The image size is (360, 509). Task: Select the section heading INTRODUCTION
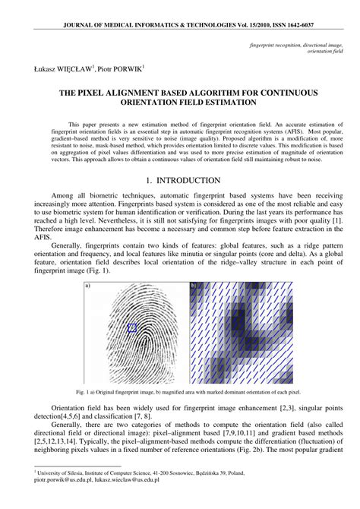tap(188, 180)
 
